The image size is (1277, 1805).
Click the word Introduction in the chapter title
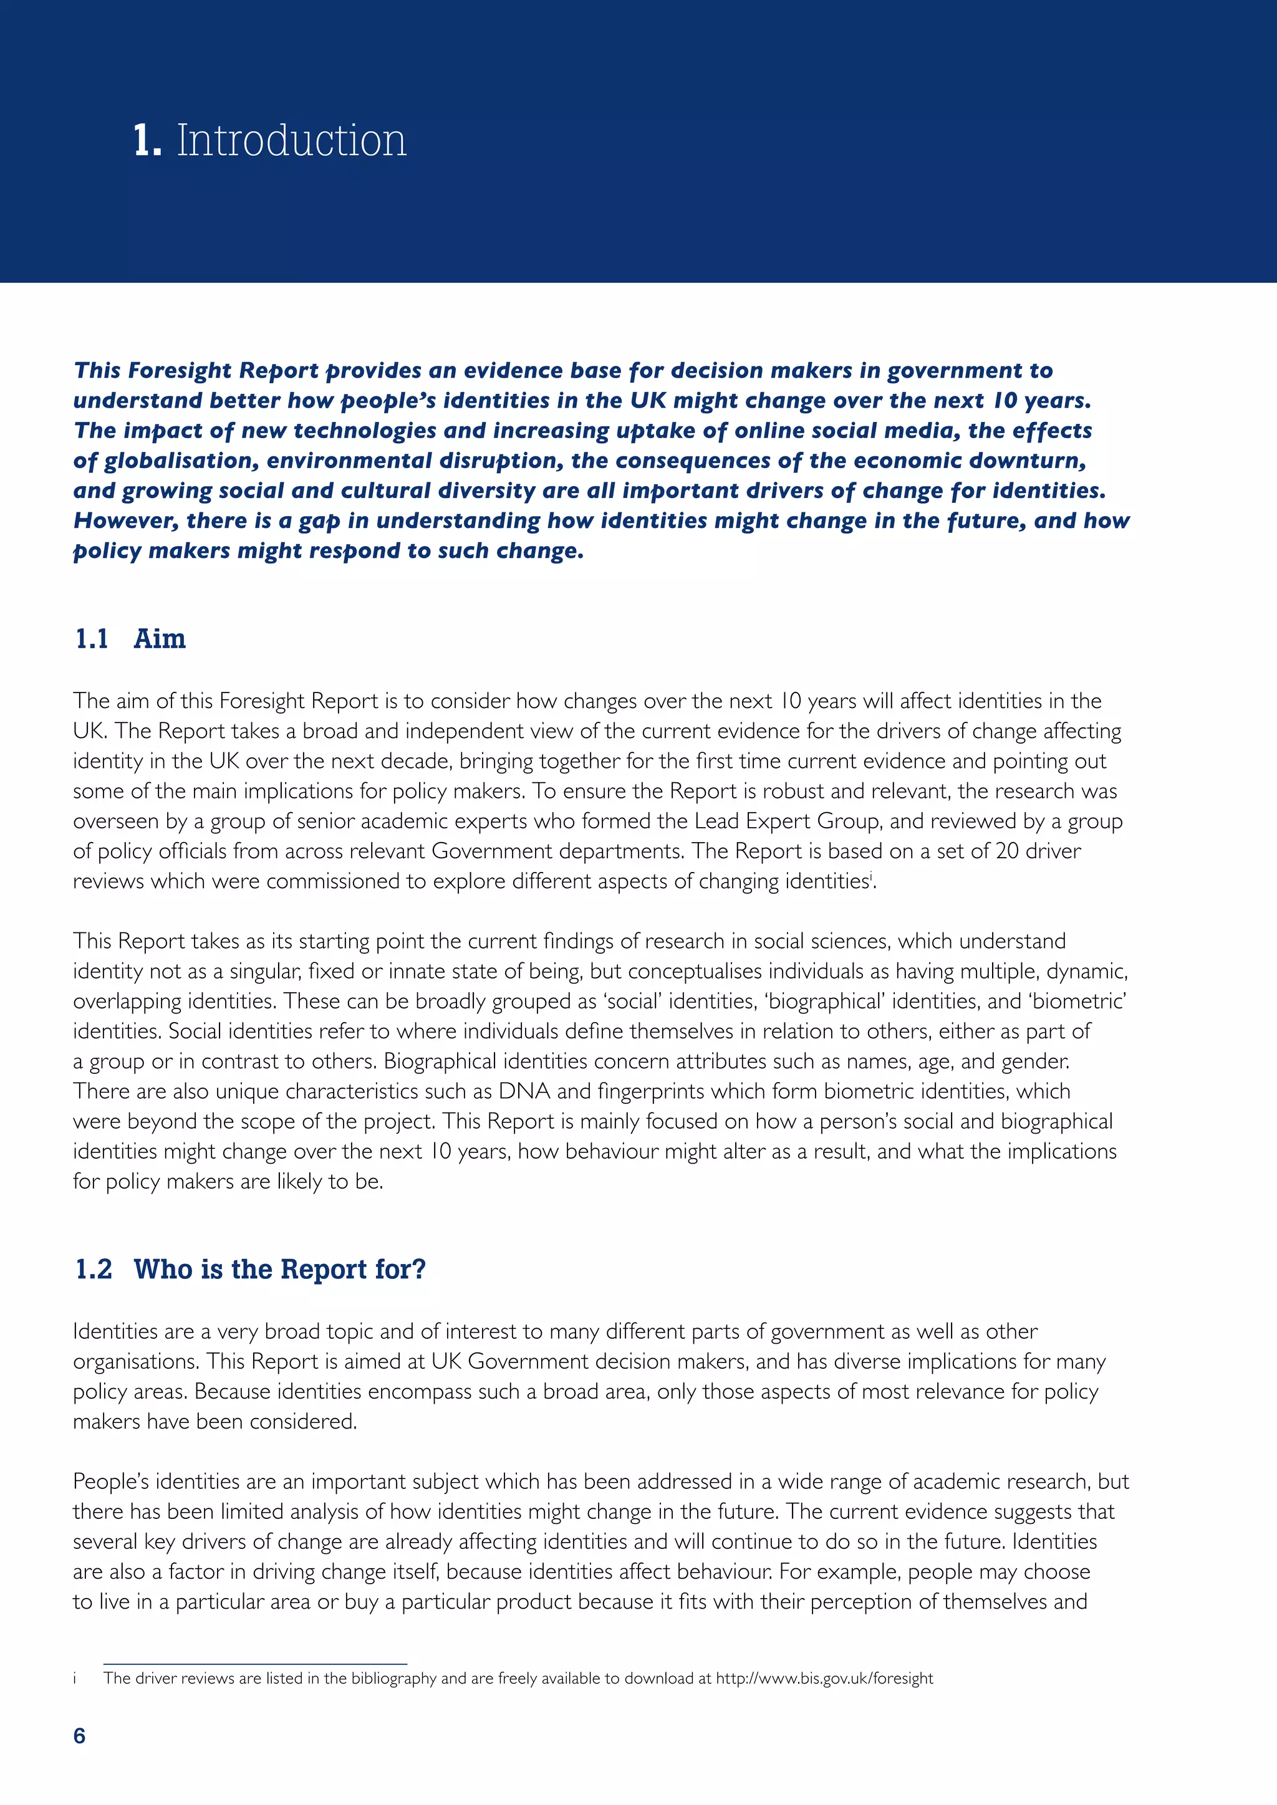291,141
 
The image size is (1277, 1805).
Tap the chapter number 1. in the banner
147,141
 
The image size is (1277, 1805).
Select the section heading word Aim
160,638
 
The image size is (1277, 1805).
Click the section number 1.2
94,1269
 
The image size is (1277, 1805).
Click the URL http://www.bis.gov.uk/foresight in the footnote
824,1678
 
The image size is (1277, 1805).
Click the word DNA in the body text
524,1091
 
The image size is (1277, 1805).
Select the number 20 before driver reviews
1007,851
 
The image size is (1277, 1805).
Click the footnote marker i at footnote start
75,1678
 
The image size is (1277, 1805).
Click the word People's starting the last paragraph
111,1481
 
